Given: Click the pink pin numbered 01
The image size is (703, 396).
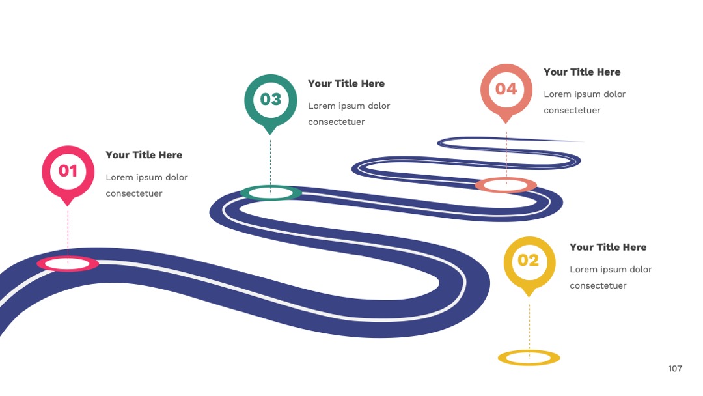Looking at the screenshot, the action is [68, 173].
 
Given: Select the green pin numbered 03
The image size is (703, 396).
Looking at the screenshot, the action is [270, 102].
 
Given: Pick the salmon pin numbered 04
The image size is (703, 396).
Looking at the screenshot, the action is [506, 91].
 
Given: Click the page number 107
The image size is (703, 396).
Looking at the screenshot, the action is [675, 369].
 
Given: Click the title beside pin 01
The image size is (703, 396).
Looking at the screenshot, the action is [144, 155].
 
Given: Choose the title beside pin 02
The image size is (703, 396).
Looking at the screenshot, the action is [608, 247].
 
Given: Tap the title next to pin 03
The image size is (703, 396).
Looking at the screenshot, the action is [346, 83].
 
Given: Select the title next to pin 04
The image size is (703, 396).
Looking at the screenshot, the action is [582, 72].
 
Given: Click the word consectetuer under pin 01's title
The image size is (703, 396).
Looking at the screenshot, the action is [134, 193].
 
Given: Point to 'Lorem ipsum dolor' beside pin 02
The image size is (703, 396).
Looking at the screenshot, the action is [611, 270].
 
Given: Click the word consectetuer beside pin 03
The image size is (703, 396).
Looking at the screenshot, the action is [337, 122].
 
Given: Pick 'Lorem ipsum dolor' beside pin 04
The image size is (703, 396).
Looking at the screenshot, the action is [585, 94].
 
